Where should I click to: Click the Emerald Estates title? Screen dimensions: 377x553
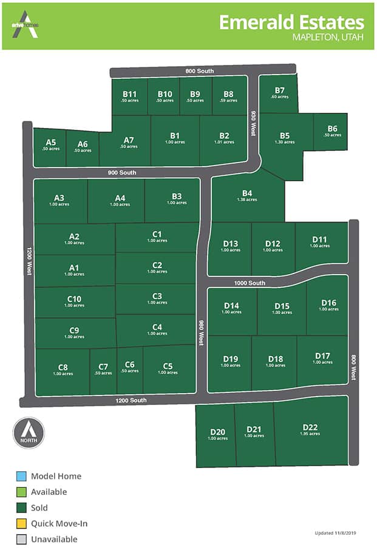(x=291, y=22)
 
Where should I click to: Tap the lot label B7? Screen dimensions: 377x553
(x=279, y=91)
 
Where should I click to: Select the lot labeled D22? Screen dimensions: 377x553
(x=310, y=427)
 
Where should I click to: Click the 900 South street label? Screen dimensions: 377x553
(x=121, y=173)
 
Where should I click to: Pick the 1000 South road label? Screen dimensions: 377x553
(x=250, y=283)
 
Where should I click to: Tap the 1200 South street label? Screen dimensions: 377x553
(x=130, y=400)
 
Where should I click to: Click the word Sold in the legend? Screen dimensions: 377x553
(x=39, y=508)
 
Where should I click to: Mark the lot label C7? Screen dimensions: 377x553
(x=103, y=367)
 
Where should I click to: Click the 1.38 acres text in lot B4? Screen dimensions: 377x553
(x=247, y=199)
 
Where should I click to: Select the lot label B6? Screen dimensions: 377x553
(x=332, y=129)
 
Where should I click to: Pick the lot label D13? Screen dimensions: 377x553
(x=231, y=244)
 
